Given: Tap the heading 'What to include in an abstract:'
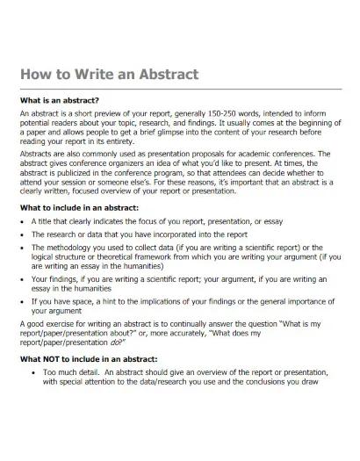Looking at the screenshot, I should click(79, 207).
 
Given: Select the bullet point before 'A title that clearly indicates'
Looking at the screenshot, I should click(22, 221).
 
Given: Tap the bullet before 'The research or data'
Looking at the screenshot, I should click(22, 235).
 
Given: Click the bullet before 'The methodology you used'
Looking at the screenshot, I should click(22, 249).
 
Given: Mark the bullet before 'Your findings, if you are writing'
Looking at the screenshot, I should click(22, 278).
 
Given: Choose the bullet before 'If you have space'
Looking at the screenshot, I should click(22, 301).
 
